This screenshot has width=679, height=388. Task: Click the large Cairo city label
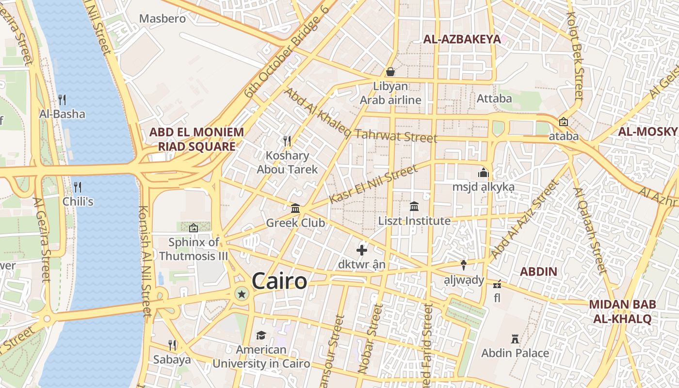click(279, 281)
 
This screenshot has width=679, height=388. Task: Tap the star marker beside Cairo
click(242, 293)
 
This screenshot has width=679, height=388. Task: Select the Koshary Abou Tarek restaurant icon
click(287, 141)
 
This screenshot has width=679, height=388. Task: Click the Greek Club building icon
click(295, 209)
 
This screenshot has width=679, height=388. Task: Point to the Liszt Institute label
click(414, 221)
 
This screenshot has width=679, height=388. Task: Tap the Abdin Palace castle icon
click(515, 339)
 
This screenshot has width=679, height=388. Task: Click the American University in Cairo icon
click(261, 336)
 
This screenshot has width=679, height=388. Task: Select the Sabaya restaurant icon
click(172, 345)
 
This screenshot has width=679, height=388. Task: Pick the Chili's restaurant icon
click(78, 187)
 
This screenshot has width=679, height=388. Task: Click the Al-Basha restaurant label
click(62, 114)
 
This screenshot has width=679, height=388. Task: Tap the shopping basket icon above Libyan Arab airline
click(390, 72)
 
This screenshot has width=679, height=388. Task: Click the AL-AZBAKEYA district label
click(462, 39)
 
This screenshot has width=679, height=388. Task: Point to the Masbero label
click(162, 19)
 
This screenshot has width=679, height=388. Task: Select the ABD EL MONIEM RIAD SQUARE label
click(196, 139)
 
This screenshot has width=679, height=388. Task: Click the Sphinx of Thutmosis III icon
click(194, 227)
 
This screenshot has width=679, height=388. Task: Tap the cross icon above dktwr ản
click(362, 250)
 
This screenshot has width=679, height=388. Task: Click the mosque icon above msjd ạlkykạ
click(483, 173)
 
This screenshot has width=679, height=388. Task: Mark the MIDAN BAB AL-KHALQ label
click(622, 311)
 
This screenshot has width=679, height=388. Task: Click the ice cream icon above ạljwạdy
click(464, 265)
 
